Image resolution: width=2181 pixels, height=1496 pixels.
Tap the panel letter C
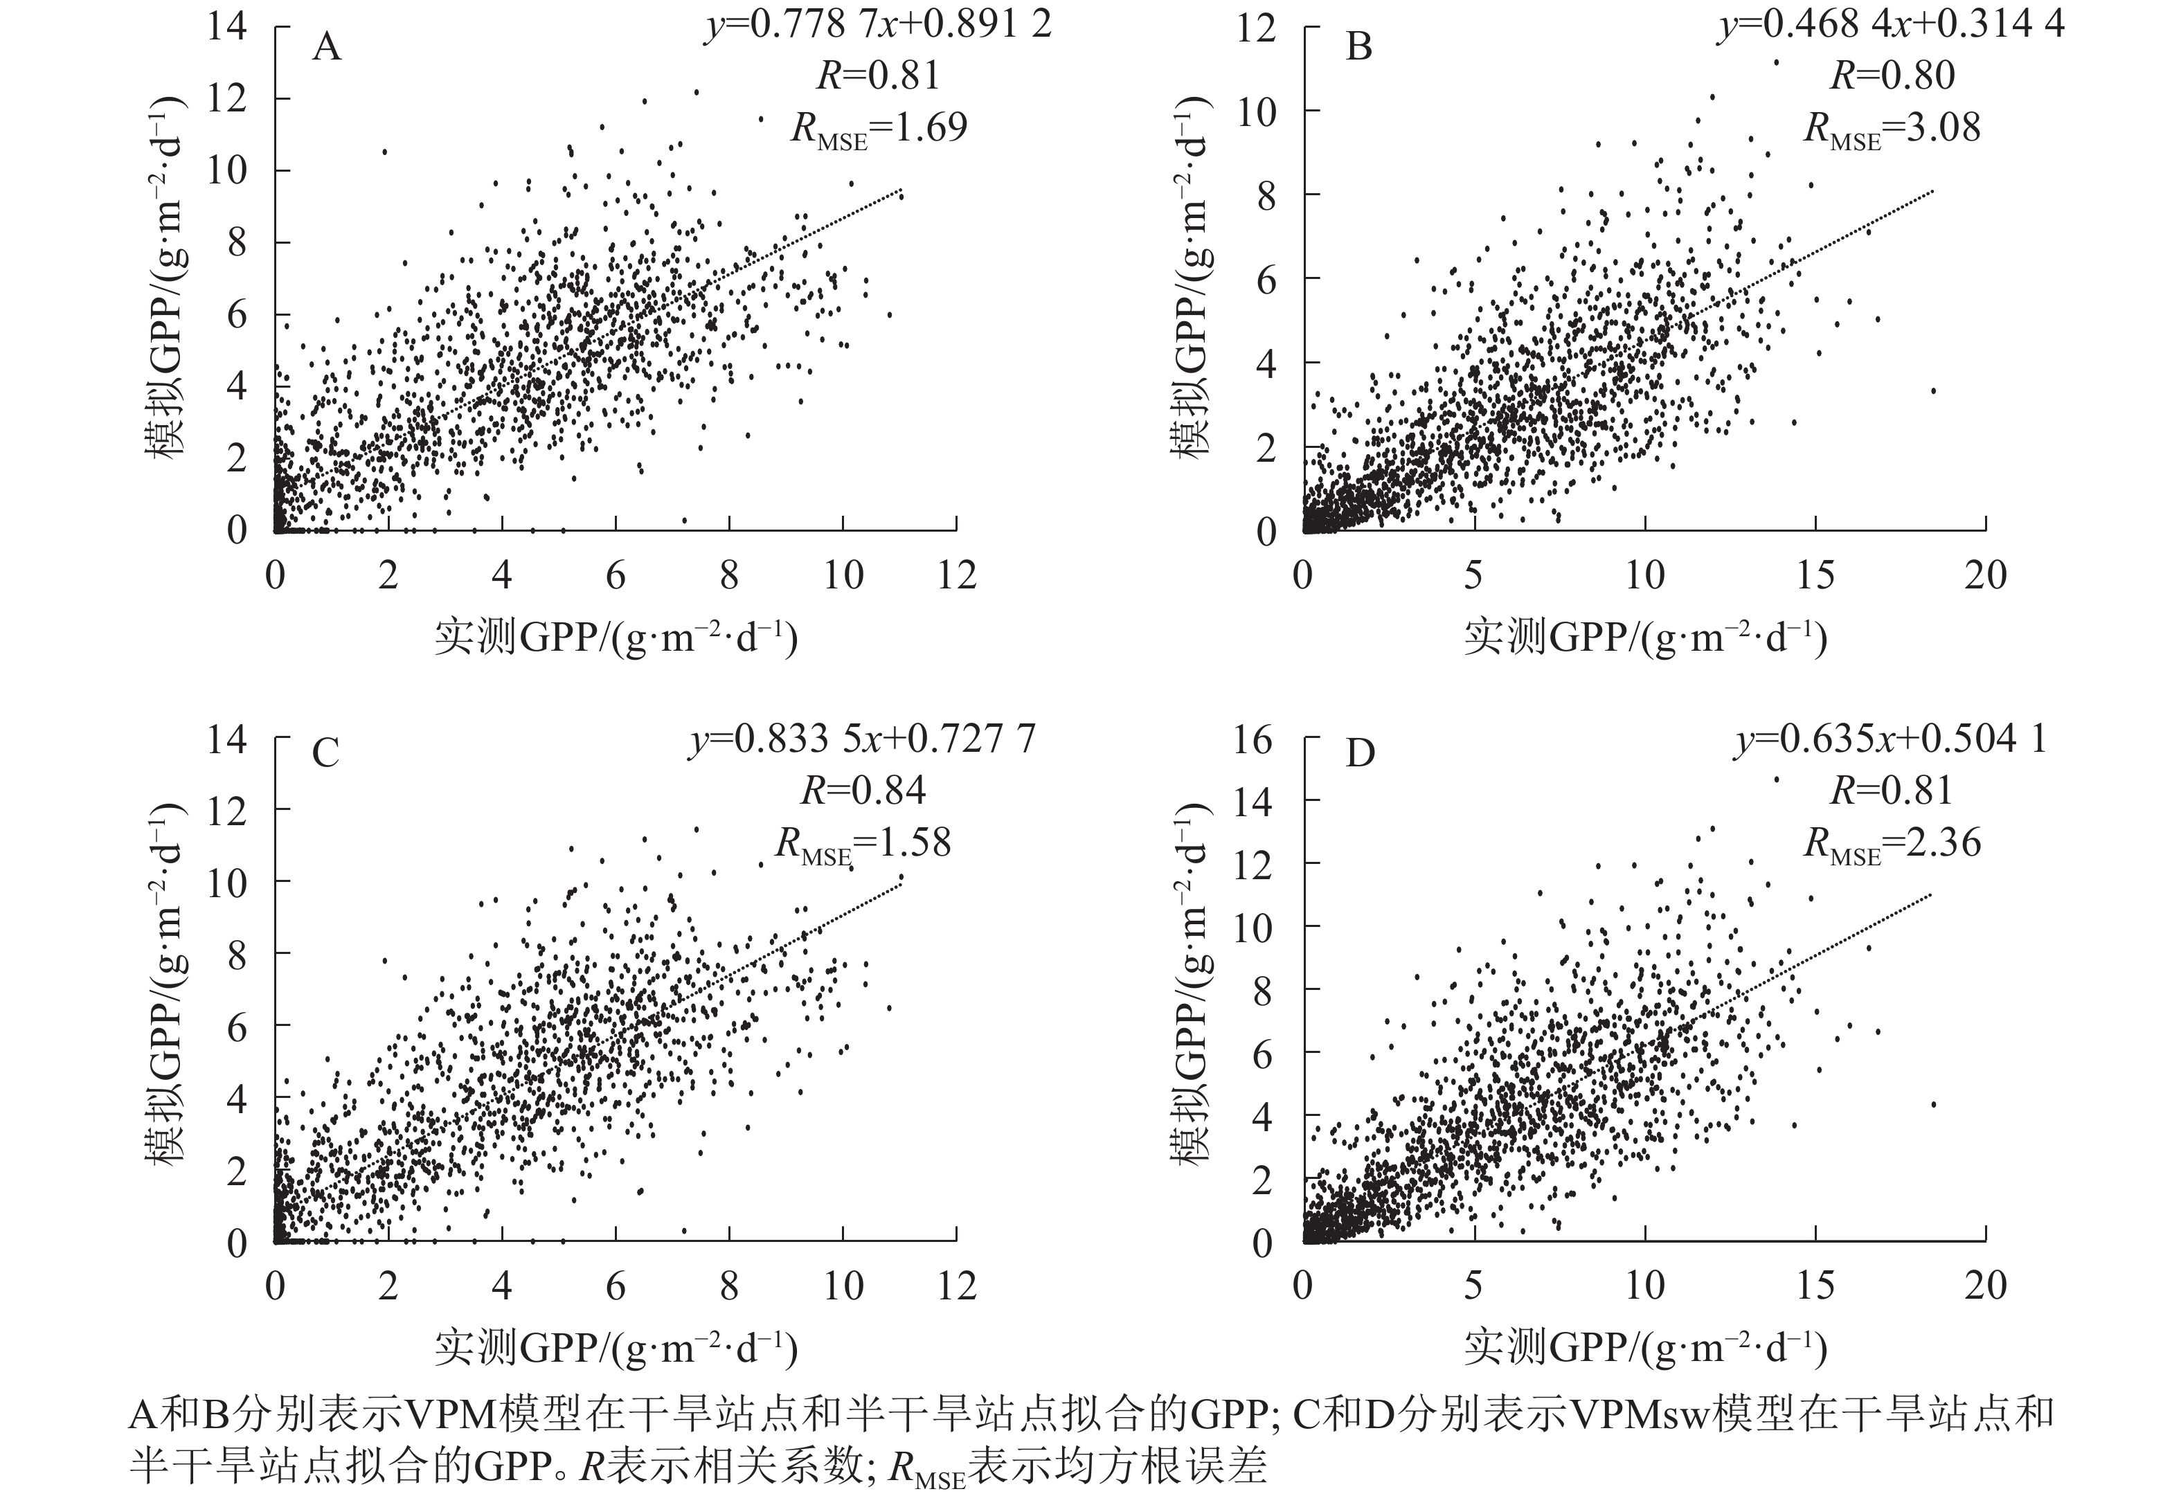click(x=325, y=752)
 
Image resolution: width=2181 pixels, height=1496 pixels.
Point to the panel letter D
click(x=1360, y=752)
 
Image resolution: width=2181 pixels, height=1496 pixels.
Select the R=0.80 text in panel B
click(x=1892, y=75)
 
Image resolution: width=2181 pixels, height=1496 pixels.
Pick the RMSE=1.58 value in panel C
click(x=863, y=842)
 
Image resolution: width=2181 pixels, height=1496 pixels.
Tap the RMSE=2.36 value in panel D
click(x=1892, y=842)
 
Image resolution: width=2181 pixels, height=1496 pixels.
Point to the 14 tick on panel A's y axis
click(x=226, y=26)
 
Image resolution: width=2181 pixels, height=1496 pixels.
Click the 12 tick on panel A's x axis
click(x=956, y=575)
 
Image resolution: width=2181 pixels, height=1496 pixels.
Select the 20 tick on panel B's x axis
click(x=1985, y=575)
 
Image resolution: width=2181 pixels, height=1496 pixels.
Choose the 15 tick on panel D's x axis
click(x=1815, y=1285)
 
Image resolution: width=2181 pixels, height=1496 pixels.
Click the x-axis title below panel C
click(x=616, y=1348)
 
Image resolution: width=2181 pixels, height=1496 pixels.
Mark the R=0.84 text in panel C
click(x=863, y=791)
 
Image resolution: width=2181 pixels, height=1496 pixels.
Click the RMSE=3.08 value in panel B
click(x=1892, y=127)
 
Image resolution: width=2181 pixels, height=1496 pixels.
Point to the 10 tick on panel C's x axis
click(x=843, y=1285)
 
